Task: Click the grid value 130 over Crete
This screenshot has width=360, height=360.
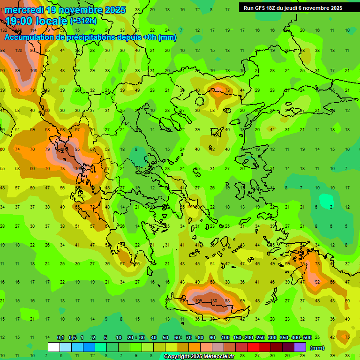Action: (213, 300)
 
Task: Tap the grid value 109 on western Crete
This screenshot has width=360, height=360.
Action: (198, 300)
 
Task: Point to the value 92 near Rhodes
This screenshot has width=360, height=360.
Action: (317, 282)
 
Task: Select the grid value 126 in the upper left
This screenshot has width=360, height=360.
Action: (19, 50)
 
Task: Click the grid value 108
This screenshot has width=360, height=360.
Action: (34, 70)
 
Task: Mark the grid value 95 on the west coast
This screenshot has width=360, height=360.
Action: (78, 150)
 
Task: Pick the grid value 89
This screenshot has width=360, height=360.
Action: (17, 70)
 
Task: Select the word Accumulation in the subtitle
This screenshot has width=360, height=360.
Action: (31, 37)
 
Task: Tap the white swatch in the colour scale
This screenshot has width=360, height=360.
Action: (54, 347)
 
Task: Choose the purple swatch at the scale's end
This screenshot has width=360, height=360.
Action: (300, 347)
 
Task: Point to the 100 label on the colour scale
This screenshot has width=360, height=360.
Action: (225, 337)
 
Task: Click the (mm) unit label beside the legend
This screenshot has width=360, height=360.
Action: (317, 348)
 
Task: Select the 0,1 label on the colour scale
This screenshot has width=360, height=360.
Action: (60, 337)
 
